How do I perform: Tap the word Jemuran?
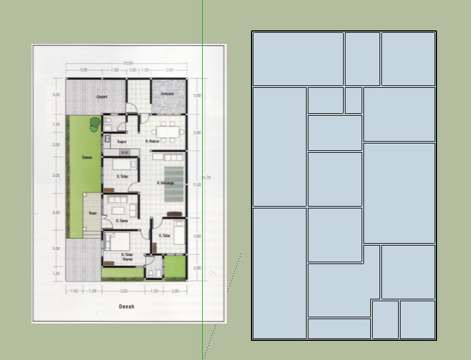pyautogui.click(x=166, y=94)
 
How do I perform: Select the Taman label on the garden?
pyautogui.click(x=87, y=157)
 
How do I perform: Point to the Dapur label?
pyautogui.click(x=122, y=141)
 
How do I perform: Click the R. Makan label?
pyautogui.click(x=153, y=141)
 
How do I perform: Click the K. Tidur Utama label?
pyautogui.click(x=128, y=257)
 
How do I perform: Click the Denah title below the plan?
pyautogui.click(x=127, y=306)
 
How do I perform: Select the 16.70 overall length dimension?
pyautogui.click(x=206, y=178)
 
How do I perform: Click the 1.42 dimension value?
pyautogui.click(x=74, y=290)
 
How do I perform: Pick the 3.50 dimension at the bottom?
pyautogui.click(x=124, y=290)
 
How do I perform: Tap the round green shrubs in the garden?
pyautogui.click(x=94, y=124)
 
